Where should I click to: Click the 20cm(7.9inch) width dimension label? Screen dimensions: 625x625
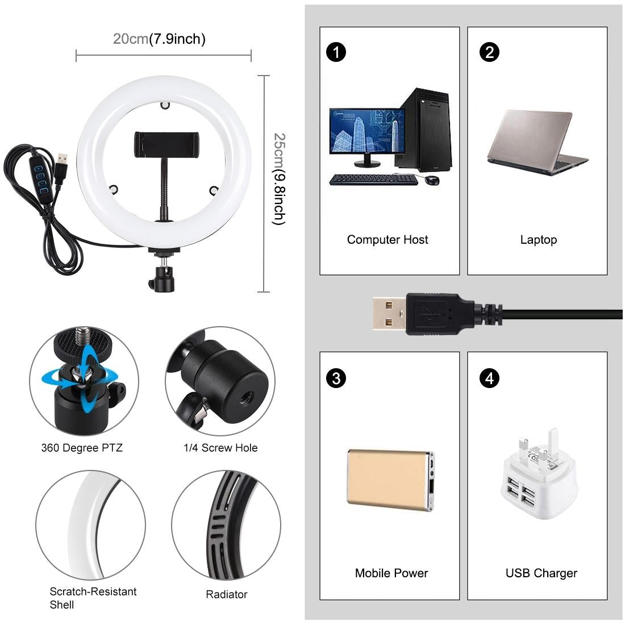[159, 39]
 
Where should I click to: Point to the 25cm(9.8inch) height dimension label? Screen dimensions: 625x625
[278, 179]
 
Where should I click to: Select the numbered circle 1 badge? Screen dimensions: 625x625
[336, 52]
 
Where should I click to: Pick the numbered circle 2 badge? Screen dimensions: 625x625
[489, 52]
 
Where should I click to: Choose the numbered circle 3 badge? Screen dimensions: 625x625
[336, 378]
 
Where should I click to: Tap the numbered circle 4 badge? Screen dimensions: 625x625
[489, 378]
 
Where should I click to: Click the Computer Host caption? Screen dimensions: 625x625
[388, 240]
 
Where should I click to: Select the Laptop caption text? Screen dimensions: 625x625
[538, 240]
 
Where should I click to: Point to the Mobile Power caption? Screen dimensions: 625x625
[391, 573]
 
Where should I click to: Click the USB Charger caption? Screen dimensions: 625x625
[541, 573]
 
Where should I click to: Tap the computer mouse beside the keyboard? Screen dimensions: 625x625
[431, 180]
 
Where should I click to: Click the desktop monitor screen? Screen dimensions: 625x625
[366, 131]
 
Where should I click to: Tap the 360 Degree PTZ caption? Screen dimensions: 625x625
[82, 448]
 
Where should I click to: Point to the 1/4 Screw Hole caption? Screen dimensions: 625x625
[220, 448]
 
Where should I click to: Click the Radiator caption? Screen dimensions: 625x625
[226, 594]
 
